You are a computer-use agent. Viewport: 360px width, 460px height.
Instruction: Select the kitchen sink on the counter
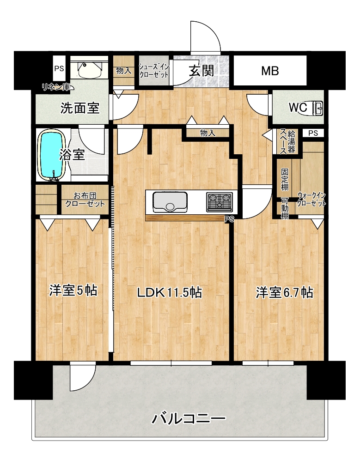pyautogui.click(x=170, y=201)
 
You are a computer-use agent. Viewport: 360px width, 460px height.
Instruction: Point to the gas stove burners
pyautogui.click(x=220, y=202)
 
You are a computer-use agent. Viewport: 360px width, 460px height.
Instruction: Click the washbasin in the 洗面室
pyautogui.click(x=89, y=70)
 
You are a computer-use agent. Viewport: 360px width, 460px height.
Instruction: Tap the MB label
pyautogui.click(x=270, y=71)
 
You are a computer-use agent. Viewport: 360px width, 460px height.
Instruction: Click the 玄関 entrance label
pyautogui.click(x=201, y=71)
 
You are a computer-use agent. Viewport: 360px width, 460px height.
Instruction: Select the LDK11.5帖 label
pyautogui.click(x=170, y=292)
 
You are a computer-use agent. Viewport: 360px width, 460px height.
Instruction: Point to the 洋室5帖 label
pyautogui.click(x=73, y=291)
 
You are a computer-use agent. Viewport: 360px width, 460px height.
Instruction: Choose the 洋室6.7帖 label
pyautogui.click(x=284, y=292)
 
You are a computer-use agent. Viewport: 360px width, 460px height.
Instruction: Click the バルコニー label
pyautogui.click(x=188, y=418)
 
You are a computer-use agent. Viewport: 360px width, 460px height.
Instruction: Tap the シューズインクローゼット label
pyautogui.click(x=154, y=71)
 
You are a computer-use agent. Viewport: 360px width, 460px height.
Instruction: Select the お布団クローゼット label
pyautogui.click(x=85, y=200)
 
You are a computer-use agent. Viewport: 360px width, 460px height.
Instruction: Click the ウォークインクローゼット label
pyautogui.click(x=311, y=199)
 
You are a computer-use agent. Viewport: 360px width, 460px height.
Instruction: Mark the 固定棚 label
pyautogui.click(x=285, y=179)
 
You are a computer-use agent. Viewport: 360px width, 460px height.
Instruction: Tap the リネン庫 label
pyautogui.click(x=56, y=87)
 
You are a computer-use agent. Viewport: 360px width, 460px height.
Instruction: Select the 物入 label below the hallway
pyautogui.click(x=207, y=133)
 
